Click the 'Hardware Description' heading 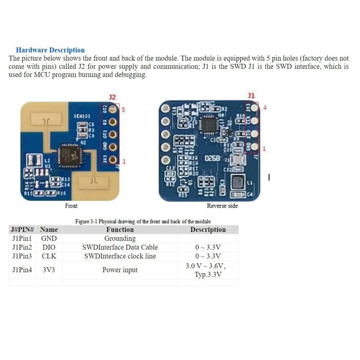pyautogui.click(x=50, y=50)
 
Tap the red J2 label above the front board pyautogui.click(x=112, y=97)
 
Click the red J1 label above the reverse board pyautogui.click(x=251, y=95)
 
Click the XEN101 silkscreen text pyautogui.click(x=82, y=116)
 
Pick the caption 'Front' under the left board pyautogui.click(x=71, y=206)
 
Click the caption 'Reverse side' pyautogui.click(x=222, y=206)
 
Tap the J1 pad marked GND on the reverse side pyautogui.click(x=254, y=147)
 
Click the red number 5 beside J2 pyautogui.click(x=123, y=110)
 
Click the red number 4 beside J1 pyautogui.click(x=265, y=108)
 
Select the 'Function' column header pyautogui.click(x=120, y=230)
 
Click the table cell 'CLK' pyautogui.click(x=49, y=256)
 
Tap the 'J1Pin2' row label pyautogui.click(x=22, y=247)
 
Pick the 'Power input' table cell pyautogui.click(x=120, y=270)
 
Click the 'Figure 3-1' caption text pyautogui.click(x=143, y=221)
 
